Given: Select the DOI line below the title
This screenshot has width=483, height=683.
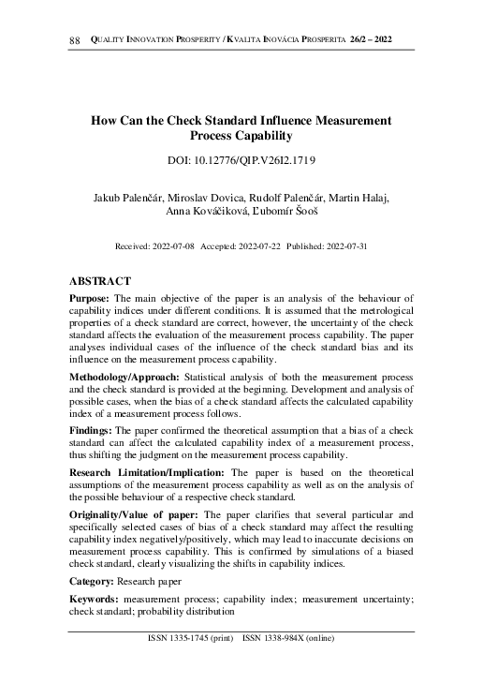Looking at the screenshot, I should [x=241, y=161].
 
